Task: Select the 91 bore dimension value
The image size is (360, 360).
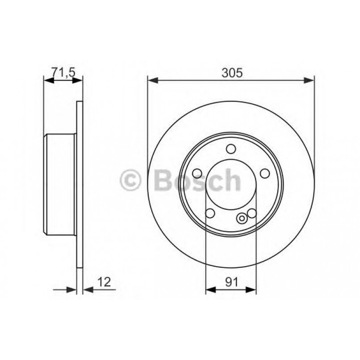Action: click(x=231, y=282)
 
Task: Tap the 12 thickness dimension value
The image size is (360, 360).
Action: click(x=103, y=282)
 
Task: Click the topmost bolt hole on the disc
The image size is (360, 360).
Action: click(x=231, y=149)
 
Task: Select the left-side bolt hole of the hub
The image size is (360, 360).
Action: click(x=197, y=174)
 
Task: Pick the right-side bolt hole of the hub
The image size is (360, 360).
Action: click(x=265, y=174)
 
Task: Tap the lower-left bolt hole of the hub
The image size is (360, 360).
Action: click(x=210, y=214)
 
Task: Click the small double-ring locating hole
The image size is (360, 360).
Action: click(x=242, y=219)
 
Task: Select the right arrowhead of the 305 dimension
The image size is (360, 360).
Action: click(x=309, y=80)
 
